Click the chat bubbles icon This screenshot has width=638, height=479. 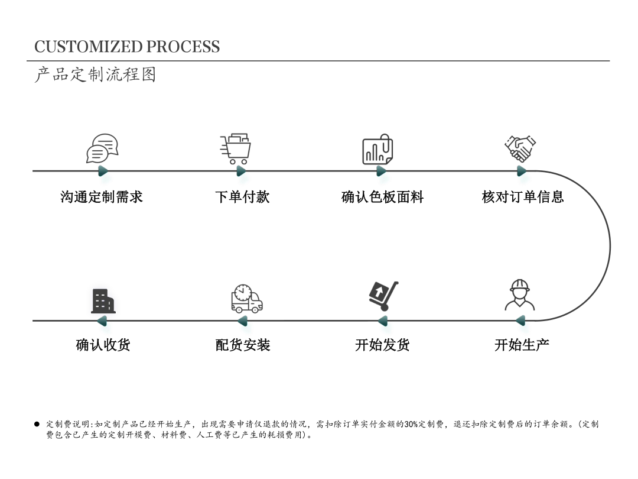[102, 148]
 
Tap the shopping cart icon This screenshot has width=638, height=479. [236, 149]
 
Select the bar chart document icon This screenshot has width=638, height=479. [377, 150]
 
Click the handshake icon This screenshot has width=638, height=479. [520, 148]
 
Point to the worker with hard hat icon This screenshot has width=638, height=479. [520, 295]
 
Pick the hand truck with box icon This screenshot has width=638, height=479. [383, 296]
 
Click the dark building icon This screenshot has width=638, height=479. [103, 301]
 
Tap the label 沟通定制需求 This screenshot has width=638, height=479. [102, 197]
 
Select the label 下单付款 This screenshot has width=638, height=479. [242, 197]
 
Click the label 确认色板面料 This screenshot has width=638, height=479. [383, 197]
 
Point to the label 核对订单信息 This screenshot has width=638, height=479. [523, 197]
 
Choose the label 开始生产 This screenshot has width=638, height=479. [522, 345]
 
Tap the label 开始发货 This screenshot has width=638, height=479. [382, 345]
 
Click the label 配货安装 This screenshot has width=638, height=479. [243, 345]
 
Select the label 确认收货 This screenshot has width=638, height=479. [103, 345]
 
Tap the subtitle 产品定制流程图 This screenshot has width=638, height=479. [95, 75]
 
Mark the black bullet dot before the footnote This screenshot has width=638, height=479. [37, 424]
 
